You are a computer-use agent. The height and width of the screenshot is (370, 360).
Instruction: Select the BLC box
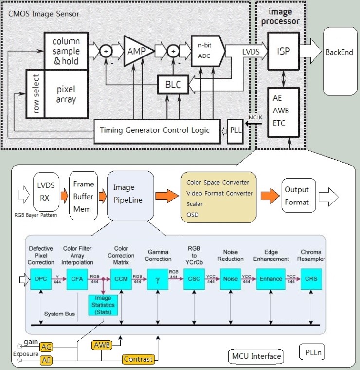pyautogui.click(x=173, y=84)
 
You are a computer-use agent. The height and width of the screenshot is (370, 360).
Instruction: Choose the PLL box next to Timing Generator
pyautogui.click(x=234, y=130)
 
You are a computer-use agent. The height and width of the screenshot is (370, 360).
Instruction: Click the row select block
pyautogui.click(x=35, y=93)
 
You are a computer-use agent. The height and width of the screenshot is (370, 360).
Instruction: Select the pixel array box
pyautogui.click(x=66, y=93)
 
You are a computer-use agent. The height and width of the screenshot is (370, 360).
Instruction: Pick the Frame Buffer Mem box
pyautogui.click(x=83, y=195)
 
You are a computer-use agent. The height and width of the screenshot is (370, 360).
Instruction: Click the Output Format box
pyautogui.click(x=297, y=195)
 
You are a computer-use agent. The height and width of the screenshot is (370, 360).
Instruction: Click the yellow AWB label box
pyautogui.click(x=102, y=346)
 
